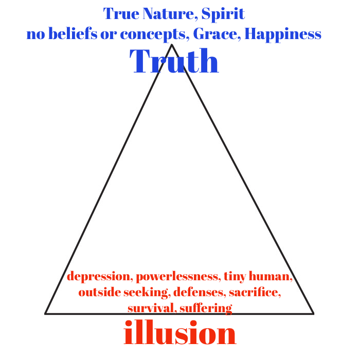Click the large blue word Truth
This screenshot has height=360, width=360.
coord(175,62)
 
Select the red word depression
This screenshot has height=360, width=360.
coord(99,277)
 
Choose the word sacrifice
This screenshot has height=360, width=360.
coord(255,293)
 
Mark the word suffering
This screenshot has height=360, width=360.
coord(206,309)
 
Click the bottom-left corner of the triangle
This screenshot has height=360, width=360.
coord(46,313)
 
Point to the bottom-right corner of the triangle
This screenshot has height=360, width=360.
coord(313,313)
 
